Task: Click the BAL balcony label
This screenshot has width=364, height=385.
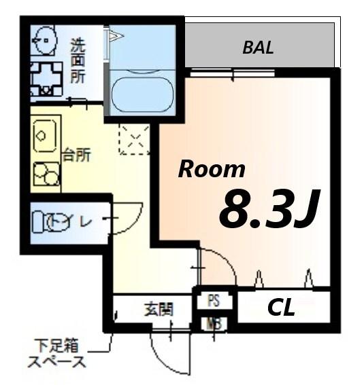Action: point(258,48)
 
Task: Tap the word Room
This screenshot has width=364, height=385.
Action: point(212,169)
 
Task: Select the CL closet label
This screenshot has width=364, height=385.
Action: point(281,308)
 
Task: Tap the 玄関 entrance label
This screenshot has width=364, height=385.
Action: point(159,310)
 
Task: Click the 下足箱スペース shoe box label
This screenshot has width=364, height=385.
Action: point(57,353)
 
